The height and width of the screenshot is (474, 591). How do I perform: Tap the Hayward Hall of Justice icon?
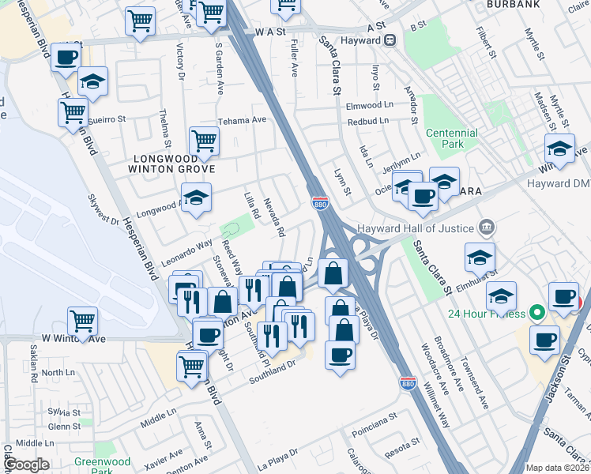click(487, 228)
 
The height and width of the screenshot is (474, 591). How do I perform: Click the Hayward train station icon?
click(390, 40)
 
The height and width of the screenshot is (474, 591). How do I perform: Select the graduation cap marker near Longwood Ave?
click(197, 196)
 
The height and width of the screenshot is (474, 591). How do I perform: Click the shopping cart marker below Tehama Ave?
click(204, 141)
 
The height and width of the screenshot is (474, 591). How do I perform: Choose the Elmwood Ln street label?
click(369, 104)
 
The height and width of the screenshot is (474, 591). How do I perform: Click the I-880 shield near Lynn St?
click(320, 202)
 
